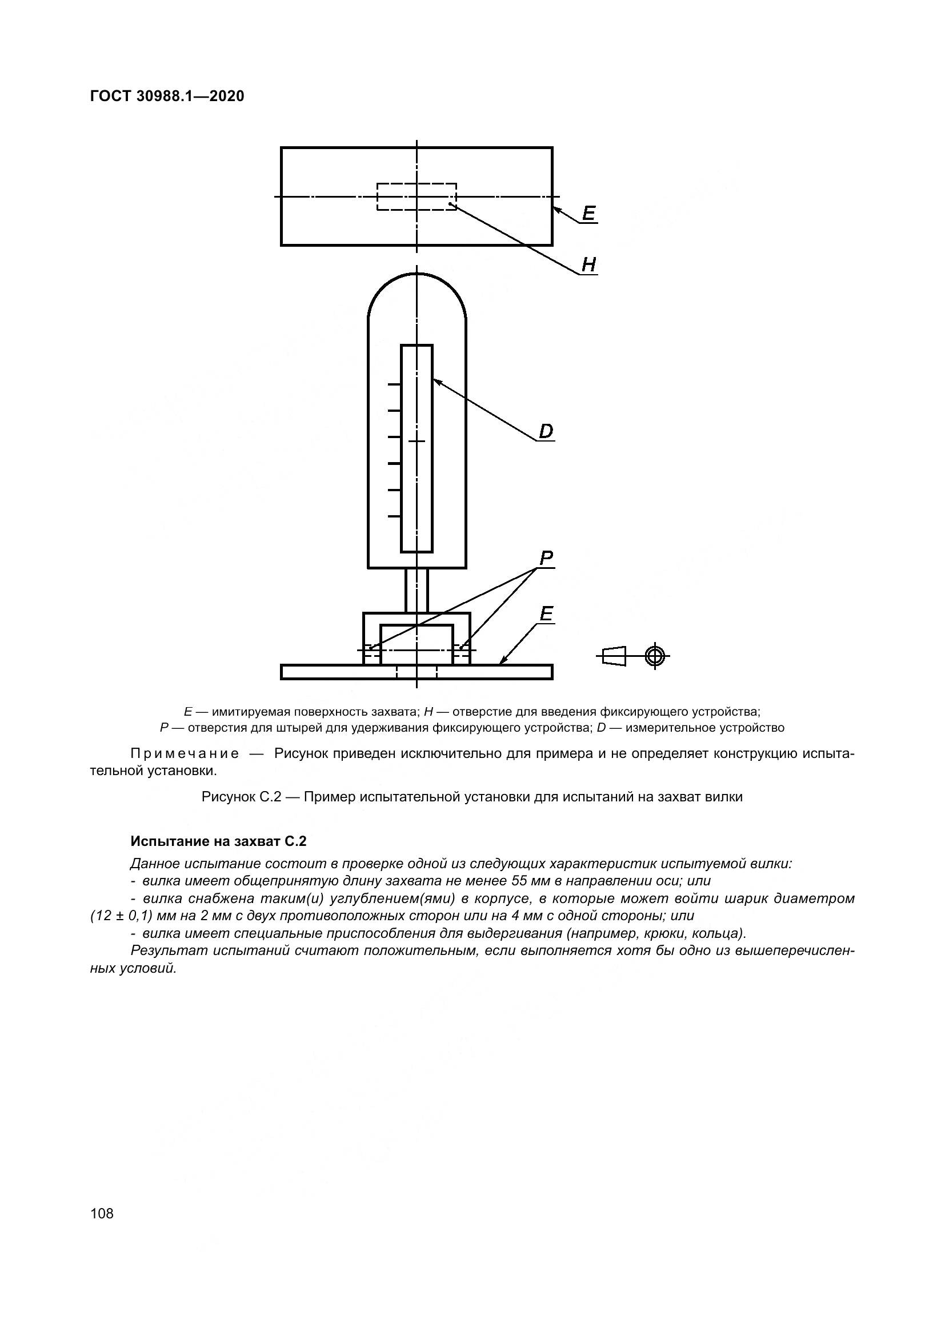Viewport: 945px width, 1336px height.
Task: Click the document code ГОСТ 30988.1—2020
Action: pyautogui.click(x=167, y=96)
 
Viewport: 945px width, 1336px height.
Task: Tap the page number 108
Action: pyautogui.click(x=102, y=1213)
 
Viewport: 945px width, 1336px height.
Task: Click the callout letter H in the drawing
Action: pyautogui.click(x=589, y=266)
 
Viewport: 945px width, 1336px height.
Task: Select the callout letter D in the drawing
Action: pyautogui.click(x=546, y=432)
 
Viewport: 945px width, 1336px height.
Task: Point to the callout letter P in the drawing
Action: pyautogui.click(x=546, y=559)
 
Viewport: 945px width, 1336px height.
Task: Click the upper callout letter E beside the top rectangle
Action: pyautogui.click(x=589, y=214)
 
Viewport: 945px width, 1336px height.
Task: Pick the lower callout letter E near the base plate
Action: pyautogui.click(x=546, y=614)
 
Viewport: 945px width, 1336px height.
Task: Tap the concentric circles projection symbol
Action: pyautogui.click(x=655, y=656)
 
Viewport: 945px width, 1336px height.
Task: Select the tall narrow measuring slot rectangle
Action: pyautogui.click(x=417, y=448)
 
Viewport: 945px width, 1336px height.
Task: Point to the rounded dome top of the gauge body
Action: pyautogui.click(x=417, y=285)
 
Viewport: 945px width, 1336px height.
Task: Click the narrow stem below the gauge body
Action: pyautogui.click(x=417, y=590)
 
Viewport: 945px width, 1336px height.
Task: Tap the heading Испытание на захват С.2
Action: pyautogui.click(x=218, y=841)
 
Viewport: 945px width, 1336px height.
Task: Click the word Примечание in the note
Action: pyautogui.click(x=185, y=754)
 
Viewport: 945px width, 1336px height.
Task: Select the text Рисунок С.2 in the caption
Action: pyautogui.click(x=242, y=797)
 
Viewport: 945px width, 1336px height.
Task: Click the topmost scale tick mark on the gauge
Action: pyautogui.click(x=395, y=384)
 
